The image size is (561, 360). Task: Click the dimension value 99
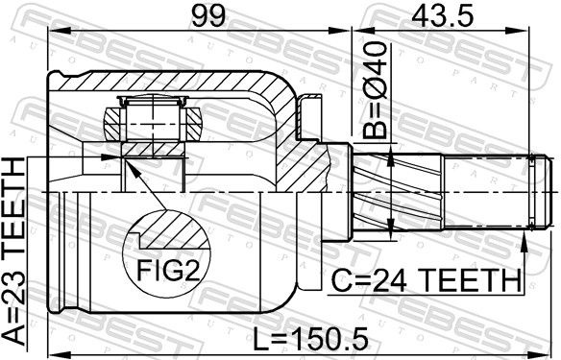209,15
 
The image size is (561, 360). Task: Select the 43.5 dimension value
443,15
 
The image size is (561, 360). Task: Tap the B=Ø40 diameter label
375,90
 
